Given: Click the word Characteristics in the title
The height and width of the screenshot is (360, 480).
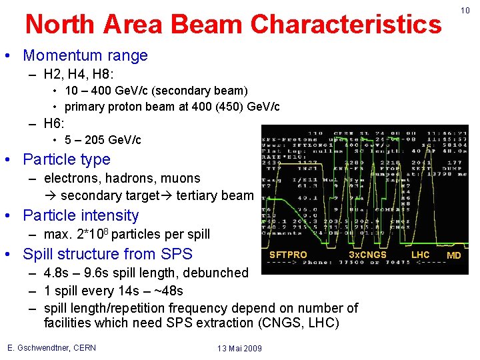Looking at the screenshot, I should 345,25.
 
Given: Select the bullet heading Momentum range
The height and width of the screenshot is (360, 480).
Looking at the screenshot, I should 85,56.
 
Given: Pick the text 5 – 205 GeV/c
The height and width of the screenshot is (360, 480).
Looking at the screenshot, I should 103,140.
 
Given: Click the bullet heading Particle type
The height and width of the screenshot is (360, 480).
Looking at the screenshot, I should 67,159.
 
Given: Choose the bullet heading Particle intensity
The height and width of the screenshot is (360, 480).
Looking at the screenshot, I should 81,215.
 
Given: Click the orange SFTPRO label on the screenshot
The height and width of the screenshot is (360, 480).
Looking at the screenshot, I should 288,255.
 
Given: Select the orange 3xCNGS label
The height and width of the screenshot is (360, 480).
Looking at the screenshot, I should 367,255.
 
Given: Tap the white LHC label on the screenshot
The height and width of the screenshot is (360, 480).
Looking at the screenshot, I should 420,255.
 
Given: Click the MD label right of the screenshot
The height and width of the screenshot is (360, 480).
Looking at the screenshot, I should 453,255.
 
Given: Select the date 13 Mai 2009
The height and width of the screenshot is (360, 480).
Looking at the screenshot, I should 239,349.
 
